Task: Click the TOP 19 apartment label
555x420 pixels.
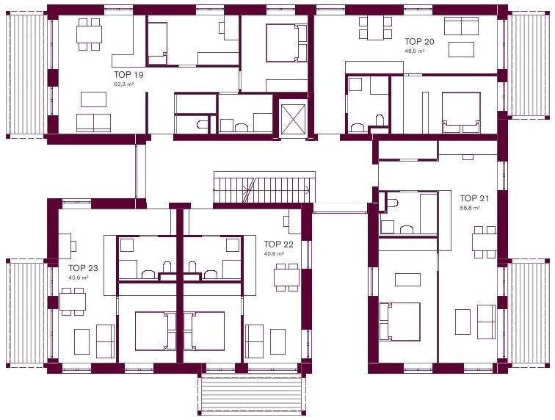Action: tap(128, 74)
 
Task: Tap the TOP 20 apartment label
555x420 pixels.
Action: tap(419, 41)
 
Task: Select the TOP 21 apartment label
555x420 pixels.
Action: tap(474, 198)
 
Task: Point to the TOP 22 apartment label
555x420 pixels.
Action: tap(278, 245)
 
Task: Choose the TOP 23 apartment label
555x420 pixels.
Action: tap(83, 268)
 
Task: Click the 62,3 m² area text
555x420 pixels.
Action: tap(123, 84)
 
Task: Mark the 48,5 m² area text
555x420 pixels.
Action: tap(415, 51)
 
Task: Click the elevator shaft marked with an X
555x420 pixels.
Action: tap(292, 117)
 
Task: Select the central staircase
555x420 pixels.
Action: tap(264, 187)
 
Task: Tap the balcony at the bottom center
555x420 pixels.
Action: tap(250, 394)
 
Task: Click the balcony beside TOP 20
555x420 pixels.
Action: tap(528, 65)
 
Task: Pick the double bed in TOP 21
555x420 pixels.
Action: tap(400, 322)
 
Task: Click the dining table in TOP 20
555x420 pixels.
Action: tap(375, 28)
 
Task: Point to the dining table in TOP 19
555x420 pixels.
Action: tap(89, 35)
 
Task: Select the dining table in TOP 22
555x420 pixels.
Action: tap(287, 278)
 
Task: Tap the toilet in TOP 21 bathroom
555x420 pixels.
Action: tap(392, 203)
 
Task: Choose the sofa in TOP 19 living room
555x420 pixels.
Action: tap(94, 123)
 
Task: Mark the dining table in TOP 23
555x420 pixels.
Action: tap(73, 302)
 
